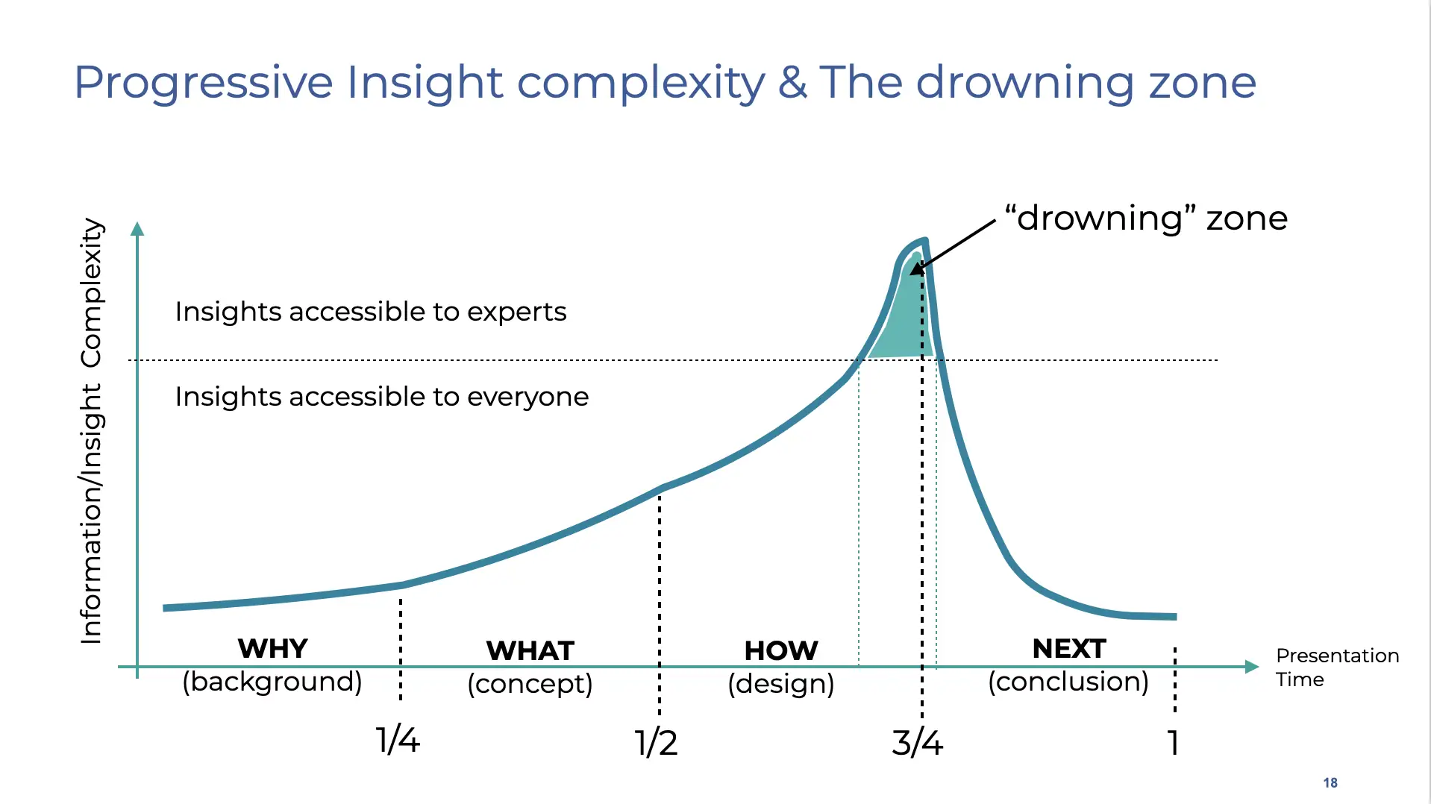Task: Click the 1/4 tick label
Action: click(398, 741)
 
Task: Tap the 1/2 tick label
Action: click(656, 743)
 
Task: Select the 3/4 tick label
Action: click(917, 743)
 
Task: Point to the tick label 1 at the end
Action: click(1174, 743)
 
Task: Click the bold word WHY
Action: click(272, 648)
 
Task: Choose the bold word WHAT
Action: click(530, 650)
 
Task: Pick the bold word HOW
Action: click(780, 650)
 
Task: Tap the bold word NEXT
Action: click(1068, 648)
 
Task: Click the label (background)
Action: click(272, 682)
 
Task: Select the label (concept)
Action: click(530, 684)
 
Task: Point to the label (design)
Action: click(780, 684)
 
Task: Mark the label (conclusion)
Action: click(1068, 682)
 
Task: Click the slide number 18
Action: click(1330, 782)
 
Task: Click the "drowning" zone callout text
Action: click(1146, 219)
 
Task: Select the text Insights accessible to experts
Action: click(371, 312)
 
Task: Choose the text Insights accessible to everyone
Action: click(381, 397)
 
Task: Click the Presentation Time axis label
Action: click(1336, 668)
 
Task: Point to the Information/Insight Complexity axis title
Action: click(91, 430)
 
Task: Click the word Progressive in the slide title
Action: click(204, 82)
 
